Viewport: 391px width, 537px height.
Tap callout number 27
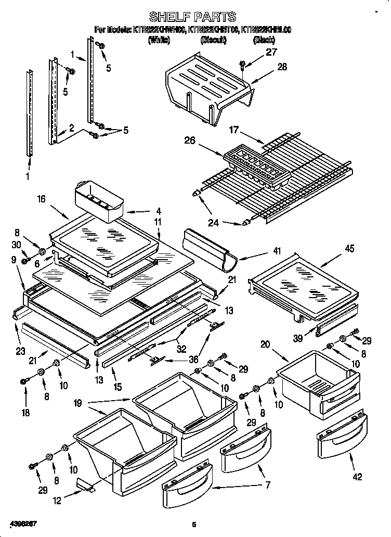271,52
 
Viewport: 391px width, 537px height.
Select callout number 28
282,66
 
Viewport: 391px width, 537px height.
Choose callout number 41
277,251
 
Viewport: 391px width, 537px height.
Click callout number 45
349,249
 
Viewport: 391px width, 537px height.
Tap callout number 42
357,476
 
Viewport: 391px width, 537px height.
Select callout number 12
57,500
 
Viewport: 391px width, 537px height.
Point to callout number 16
42,199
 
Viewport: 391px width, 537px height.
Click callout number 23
20,351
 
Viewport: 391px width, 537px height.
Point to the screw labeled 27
243,64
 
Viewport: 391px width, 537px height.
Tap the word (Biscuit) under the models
213,40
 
